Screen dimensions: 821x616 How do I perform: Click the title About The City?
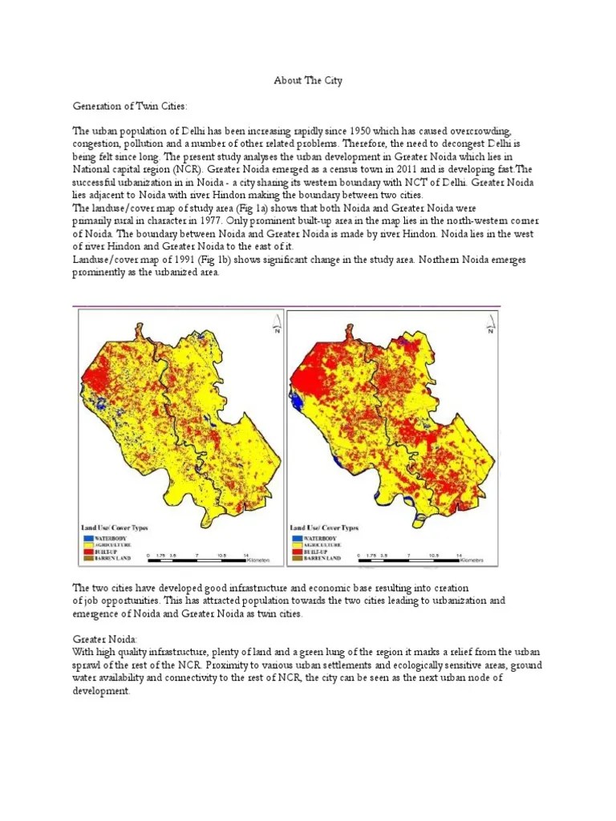tap(308, 81)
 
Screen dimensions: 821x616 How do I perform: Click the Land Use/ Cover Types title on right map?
tap(323, 528)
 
